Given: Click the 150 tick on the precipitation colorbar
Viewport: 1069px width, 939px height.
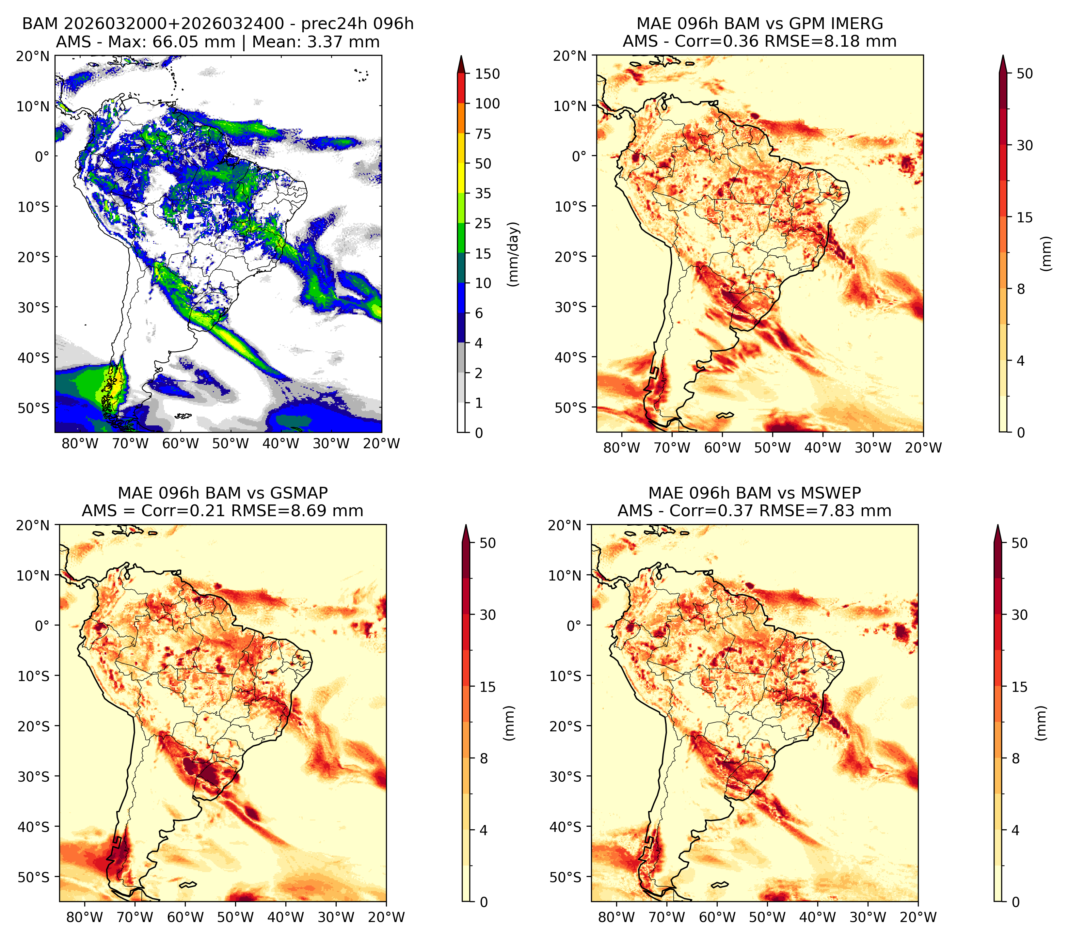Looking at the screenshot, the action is pyautogui.click(x=487, y=74).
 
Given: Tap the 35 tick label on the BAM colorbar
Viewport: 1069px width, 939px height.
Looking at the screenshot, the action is pyautogui.click(x=483, y=193).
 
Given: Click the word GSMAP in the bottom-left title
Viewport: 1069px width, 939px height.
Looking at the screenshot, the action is pyautogui.click(x=299, y=493).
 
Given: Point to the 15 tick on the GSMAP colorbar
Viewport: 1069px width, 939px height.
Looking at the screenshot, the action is pyautogui.click(x=487, y=687).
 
